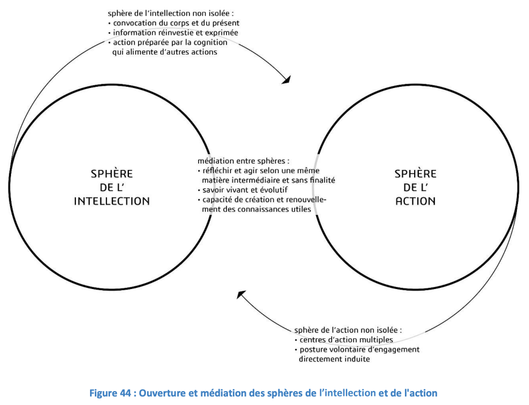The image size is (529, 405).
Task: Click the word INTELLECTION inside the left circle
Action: coord(112,201)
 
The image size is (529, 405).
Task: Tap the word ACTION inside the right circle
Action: coord(416,201)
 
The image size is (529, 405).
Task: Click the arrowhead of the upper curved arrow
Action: coord(286,80)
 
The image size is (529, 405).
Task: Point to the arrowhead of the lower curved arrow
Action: coord(241,294)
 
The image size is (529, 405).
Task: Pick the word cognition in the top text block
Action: coord(210,43)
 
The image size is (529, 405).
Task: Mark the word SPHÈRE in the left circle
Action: coord(112,174)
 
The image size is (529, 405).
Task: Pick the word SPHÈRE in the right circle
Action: coord(416,174)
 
